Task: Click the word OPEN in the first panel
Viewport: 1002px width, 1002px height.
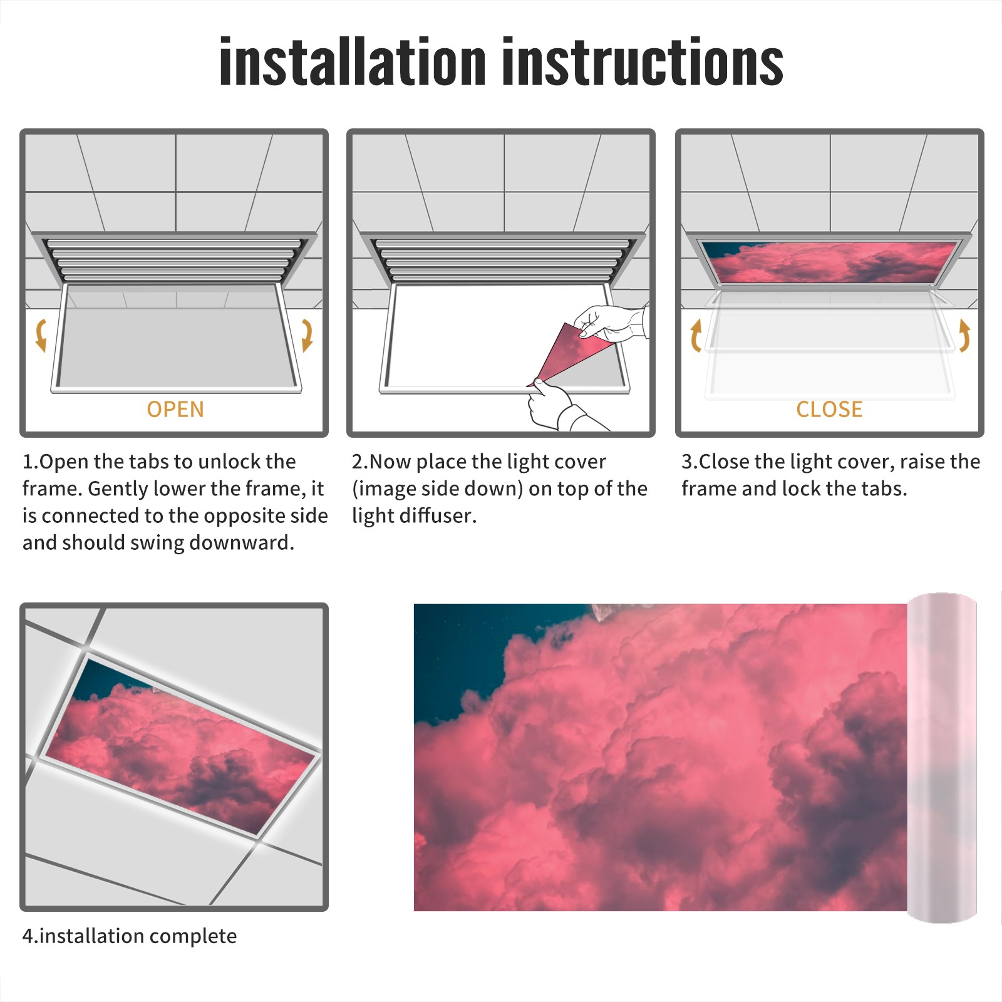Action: coord(175,410)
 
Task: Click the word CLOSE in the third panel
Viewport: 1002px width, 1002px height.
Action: coord(829,410)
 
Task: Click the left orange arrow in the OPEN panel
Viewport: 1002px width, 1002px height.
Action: coord(41,335)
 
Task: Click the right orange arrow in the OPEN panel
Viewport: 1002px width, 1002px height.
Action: coord(307,335)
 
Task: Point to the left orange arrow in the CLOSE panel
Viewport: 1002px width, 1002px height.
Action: coord(695,335)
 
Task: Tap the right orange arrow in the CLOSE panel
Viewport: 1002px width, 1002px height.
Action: coord(964,335)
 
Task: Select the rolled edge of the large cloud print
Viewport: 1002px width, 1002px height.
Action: coord(942,758)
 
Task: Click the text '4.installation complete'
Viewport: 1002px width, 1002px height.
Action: coord(130,936)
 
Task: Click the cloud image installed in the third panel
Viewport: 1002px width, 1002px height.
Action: coord(829,262)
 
